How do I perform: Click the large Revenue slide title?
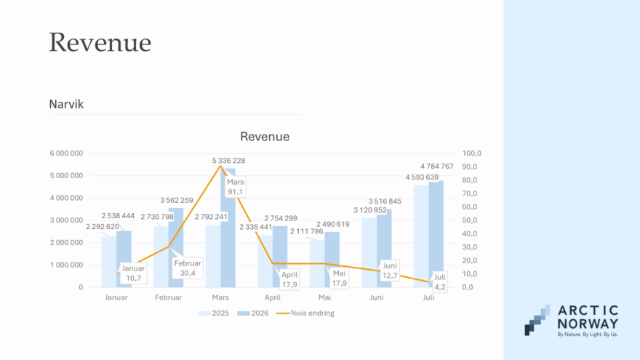[100, 42]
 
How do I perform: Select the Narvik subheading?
[66, 104]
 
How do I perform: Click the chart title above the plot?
[265, 136]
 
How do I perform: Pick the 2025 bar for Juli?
[421, 236]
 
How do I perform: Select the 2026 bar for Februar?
[176, 248]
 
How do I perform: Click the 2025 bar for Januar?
[109, 262]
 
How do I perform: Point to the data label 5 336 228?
[228, 161]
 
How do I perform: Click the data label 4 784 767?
[437, 167]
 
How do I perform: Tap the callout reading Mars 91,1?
[235, 187]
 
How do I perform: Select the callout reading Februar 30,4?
[188, 268]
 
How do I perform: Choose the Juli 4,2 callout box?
[439, 282]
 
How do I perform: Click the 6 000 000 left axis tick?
[66, 153]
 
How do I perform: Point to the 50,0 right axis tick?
[469, 220]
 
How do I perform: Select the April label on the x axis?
[272, 297]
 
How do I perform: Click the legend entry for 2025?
[214, 313]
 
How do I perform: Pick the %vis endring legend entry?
[305, 313]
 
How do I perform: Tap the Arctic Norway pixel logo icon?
[537, 320]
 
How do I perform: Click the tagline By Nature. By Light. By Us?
[588, 335]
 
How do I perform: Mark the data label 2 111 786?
[306, 231]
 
